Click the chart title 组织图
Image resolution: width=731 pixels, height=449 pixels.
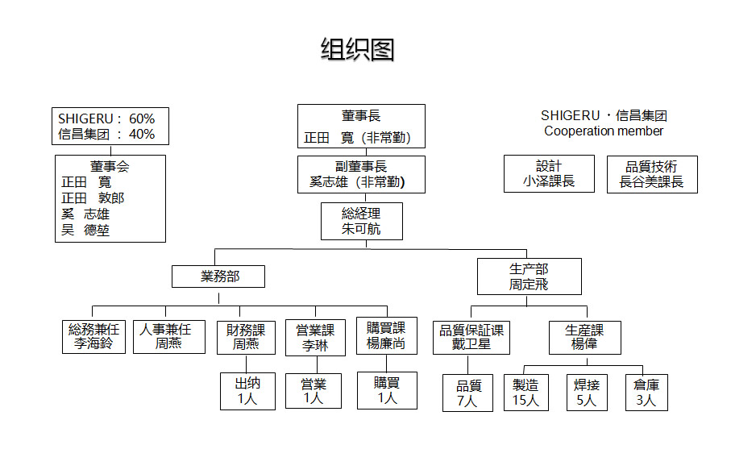tap(357, 50)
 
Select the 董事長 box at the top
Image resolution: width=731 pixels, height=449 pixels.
tap(360, 127)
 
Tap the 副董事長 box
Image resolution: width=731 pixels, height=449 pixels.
tap(360, 174)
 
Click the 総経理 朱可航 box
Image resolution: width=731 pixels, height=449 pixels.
tap(360, 221)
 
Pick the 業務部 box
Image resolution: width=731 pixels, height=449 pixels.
tap(219, 277)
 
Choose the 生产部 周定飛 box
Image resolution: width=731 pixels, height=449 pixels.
tap(529, 276)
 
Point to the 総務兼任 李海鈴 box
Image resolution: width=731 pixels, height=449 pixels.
tap(94, 336)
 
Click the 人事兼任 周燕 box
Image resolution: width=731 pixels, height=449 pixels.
tap(165, 336)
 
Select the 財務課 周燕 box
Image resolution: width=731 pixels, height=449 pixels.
tap(246, 337)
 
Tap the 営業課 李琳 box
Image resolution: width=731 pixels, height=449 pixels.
tap(315, 338)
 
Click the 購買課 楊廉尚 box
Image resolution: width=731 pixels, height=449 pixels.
tap(386, 335)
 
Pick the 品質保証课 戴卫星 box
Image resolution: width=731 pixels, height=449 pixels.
tap(471, 336)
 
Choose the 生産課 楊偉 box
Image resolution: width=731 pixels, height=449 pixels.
tap(584, 336)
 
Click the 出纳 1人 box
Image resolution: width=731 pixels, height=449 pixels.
tap(247, 390)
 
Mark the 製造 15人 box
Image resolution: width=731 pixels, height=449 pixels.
tap(525, 392)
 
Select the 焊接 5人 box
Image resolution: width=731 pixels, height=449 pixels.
tap(586, 392)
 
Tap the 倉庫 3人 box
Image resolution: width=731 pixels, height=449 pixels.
tap(646, 392)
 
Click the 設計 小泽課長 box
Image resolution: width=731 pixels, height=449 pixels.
tap(549, 174)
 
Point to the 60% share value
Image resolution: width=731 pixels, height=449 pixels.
tap(142, 118)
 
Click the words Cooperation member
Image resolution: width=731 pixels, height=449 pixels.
tap(604, 131)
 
